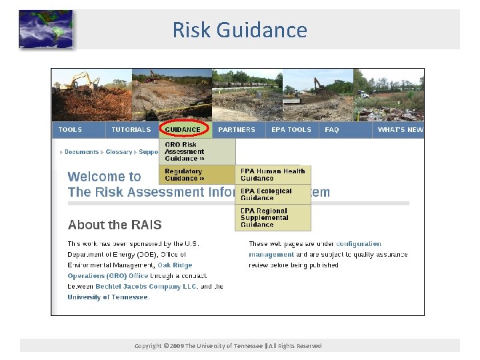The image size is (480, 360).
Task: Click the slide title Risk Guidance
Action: coord(239,30)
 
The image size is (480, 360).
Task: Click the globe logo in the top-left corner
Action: coord(45,29)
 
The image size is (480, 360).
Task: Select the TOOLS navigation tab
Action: coord(71,130)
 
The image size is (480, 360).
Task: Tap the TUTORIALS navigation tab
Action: coord(131,130)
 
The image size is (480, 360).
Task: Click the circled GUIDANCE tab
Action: coord(183,129)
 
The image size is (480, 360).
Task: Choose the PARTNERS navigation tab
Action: coord(237,130)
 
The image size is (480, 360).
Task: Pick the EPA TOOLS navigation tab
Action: coord(291,130)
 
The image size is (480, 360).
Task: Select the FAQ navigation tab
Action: coord(332,130)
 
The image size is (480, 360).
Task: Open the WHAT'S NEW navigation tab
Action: coord(400,130)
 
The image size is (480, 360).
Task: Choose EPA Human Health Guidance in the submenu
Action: coord(273,175)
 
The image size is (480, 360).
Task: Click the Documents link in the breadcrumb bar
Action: coord(82,152)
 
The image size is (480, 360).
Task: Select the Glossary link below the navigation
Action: coord(119,152)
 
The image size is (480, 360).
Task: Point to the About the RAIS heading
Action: coord(115,225)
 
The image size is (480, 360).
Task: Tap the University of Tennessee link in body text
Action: coord(107,297)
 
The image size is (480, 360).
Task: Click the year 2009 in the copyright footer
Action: coord(176,346)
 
